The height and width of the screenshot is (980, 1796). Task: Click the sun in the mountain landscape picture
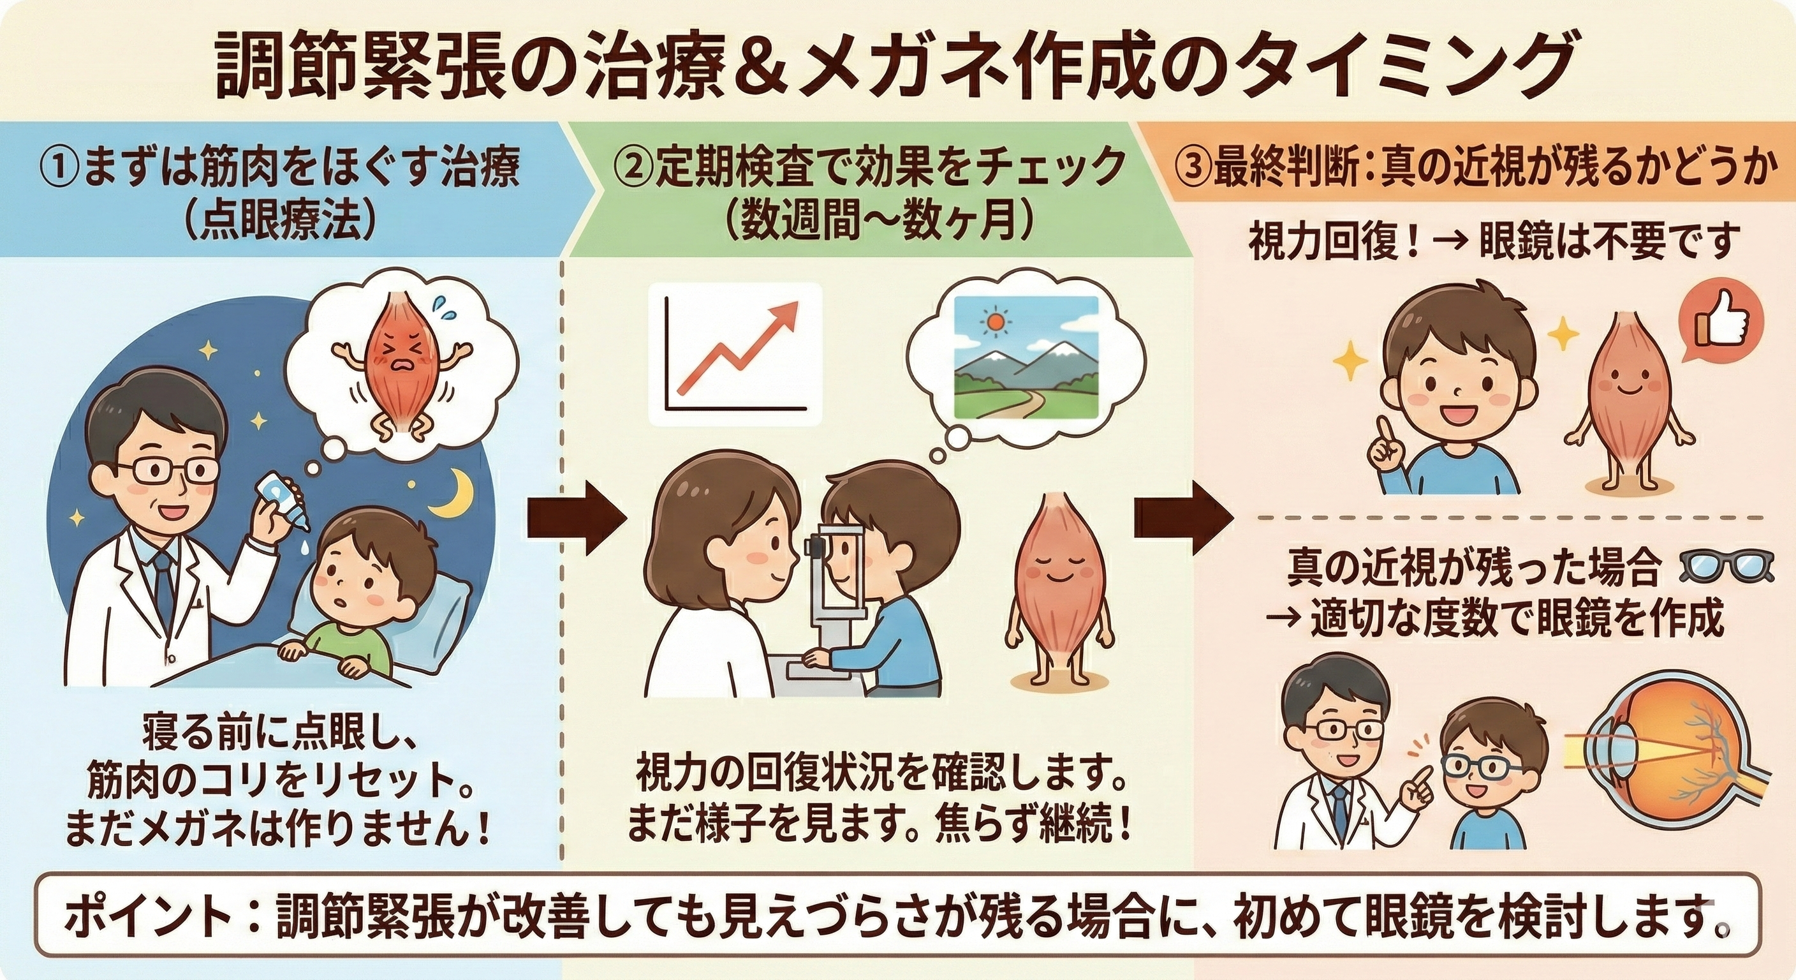pyautogui.click(x=994, y=322)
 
